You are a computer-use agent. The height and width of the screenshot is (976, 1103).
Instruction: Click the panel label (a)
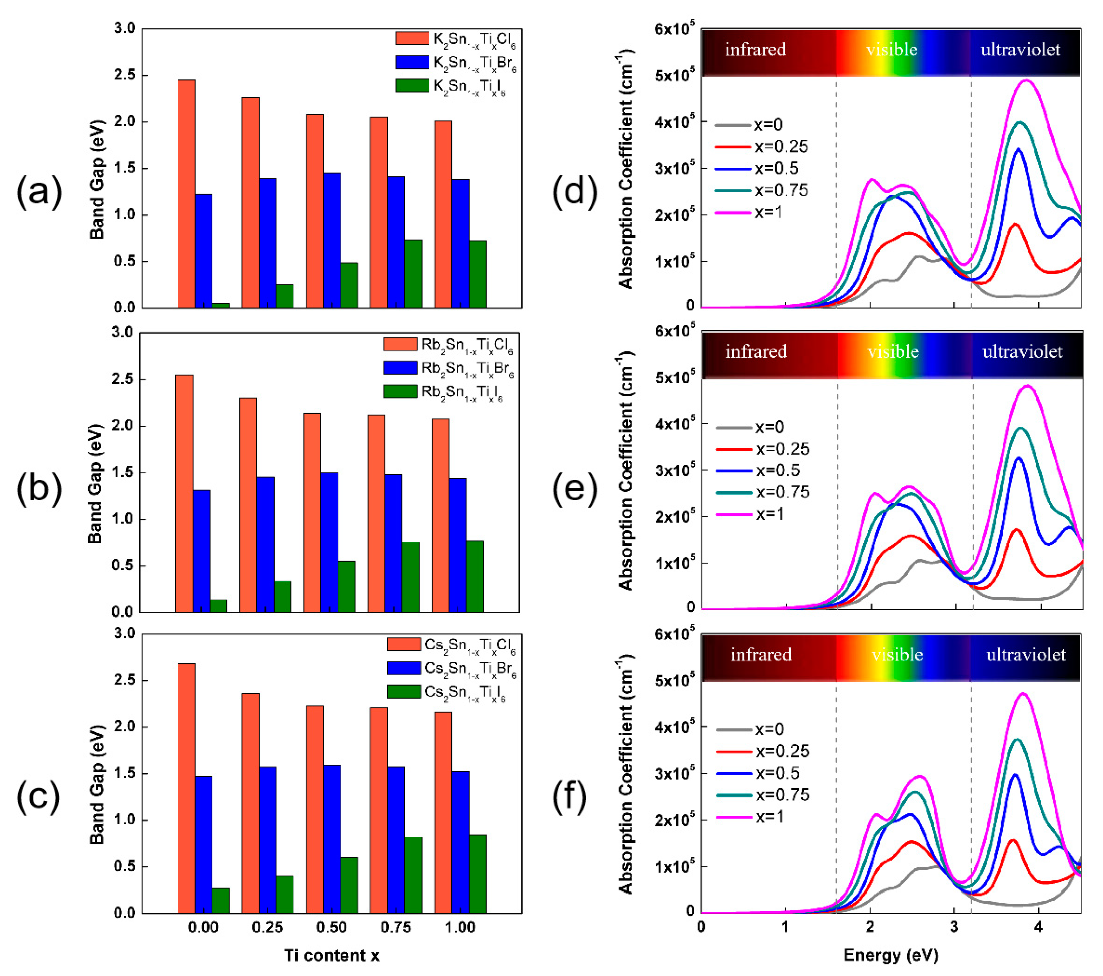click(39, 191)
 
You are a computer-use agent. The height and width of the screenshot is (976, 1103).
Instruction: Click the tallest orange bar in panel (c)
click(186, 788)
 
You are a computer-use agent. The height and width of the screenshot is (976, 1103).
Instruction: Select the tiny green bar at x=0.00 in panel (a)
click(221, 305)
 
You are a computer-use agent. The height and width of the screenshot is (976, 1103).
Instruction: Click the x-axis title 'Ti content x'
click(331, 955)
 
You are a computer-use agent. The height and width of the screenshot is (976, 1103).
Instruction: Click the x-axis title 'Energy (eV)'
click(890, 955)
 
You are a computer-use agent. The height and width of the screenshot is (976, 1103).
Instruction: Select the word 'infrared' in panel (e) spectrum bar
click(756, 352)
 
